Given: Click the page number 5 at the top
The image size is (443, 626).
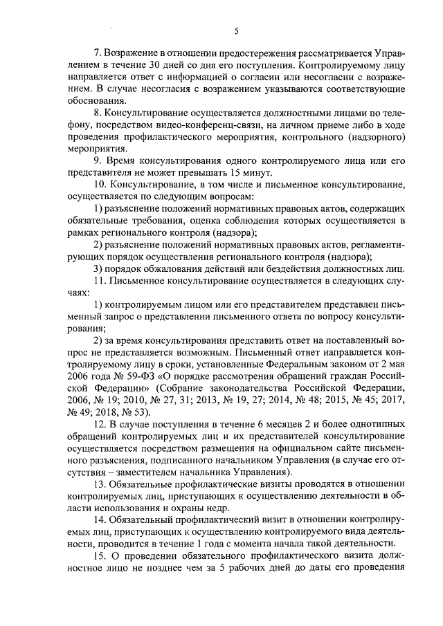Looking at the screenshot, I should click(x=236, y=30).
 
